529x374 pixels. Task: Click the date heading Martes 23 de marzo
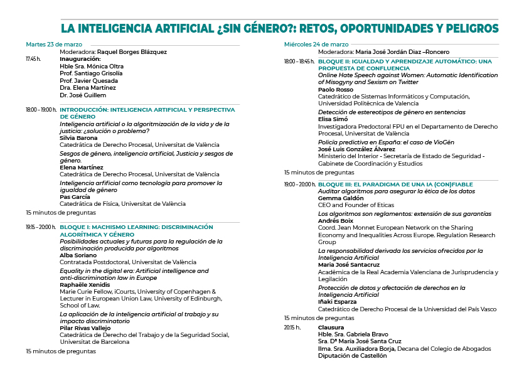pyautogui.click(x=54, y=44)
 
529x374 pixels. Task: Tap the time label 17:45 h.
pyautogui.click(x=33, y=59)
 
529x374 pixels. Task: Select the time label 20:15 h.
pyautogui.click(x=292, y=328)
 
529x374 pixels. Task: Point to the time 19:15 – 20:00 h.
pyautogui.click(x=41, y=227)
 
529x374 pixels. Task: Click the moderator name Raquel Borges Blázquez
pyautogui.click(x=131, y=51)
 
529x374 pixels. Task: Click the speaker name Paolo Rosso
pyautogui.click(x=336, y=89)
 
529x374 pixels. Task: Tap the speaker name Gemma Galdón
pyautogui.click(x=341, y=198)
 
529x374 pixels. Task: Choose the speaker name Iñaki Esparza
pyautogui.click(x=337, y=302)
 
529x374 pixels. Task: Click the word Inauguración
pyautogui.click(x=80, y=59)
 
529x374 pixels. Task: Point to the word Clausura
pyautogui.click(x=331, y=328)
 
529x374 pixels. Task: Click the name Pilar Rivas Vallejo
pyautogui.click(x=85, y=328)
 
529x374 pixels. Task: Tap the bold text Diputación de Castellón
pyautogui.click(x=351, y=356)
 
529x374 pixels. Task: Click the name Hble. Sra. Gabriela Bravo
pyautogui.click(x=353, y=334)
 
